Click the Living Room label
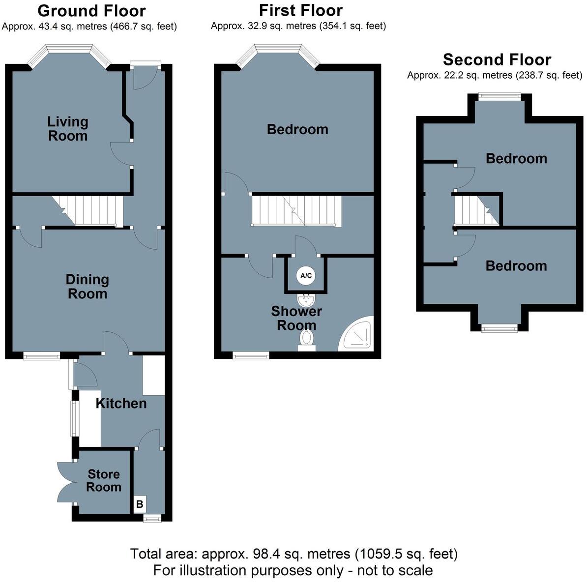(68, 129)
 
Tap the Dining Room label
(87, 287)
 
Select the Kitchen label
(121, 404)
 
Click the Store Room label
(104, 481)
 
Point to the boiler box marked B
(140, 504)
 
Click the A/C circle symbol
(306, 276)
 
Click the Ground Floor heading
(91, 11)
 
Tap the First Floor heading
(301, 10)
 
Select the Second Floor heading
(497, 60)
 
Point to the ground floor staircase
(88, 210)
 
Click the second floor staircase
(476, 210)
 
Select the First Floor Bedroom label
(297, 129)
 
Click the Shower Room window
(251, 355)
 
